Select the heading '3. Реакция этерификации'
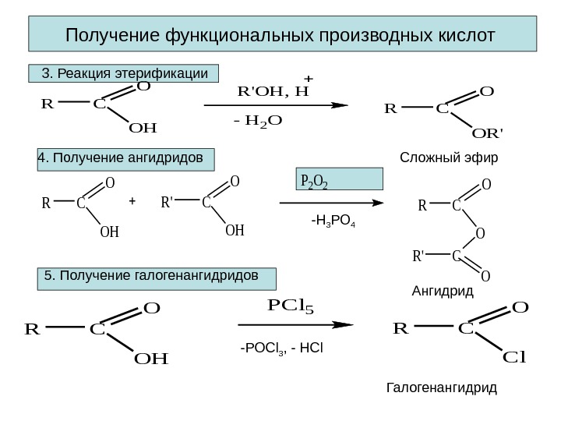[x=125, y=74]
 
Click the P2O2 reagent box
[x=339, y=180]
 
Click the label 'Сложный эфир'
[x=448, y=158]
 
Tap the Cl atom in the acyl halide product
[x=515, y=358]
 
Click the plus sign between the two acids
[x=132, y=201]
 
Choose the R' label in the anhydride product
[x=418, y=255]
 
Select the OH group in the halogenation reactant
[x=151, y=359]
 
